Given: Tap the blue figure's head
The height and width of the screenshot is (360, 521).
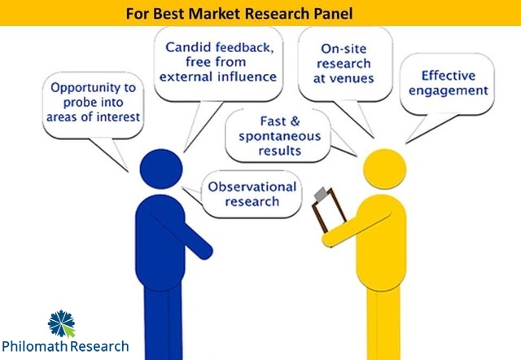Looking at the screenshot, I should coord(160,172).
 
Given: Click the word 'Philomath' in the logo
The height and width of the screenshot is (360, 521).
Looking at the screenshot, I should coord(34,346).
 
